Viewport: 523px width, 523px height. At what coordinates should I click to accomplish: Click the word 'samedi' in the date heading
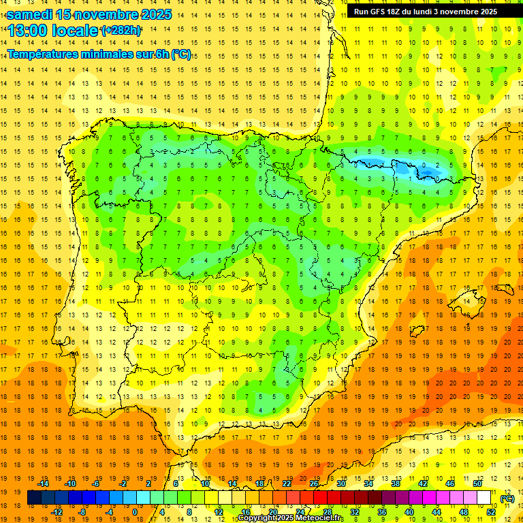30,14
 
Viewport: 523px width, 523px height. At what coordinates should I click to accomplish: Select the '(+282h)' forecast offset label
121,31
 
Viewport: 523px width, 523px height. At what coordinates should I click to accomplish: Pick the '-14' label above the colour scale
44,484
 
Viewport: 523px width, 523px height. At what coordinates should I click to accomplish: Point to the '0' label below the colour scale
135,512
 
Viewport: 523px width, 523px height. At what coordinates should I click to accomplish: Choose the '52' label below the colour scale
491,512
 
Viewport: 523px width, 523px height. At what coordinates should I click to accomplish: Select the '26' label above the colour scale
314,484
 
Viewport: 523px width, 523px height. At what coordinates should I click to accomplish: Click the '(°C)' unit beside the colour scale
507,498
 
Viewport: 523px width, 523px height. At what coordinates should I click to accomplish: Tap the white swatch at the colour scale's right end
484,498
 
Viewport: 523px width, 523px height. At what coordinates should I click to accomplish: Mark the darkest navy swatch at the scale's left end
34,498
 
